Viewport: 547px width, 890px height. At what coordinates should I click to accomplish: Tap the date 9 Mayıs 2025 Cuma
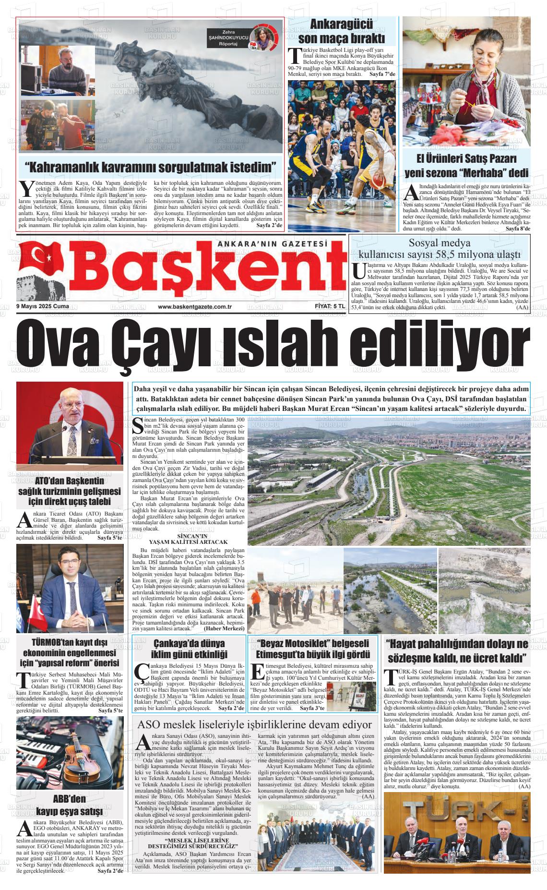(42, 307)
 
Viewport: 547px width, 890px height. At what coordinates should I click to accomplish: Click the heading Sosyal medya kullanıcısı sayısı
(440, 248)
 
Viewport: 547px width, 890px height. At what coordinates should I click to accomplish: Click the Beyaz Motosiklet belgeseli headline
(313, 649)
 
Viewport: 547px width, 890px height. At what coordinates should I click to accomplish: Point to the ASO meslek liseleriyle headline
(254, 725)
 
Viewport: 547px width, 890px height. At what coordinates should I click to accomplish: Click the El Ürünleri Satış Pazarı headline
(467, 166)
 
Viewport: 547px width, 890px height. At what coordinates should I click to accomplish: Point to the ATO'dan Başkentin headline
(69, 492)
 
